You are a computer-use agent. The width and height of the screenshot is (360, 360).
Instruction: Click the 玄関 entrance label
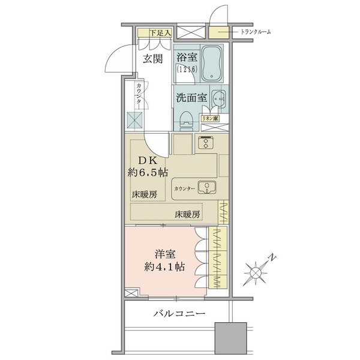click(152, 59)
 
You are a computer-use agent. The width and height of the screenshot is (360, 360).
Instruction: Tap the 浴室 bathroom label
click(187, 57)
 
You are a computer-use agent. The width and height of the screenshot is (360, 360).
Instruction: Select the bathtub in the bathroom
click(212, 64)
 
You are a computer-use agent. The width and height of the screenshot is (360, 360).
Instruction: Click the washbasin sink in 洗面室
click(218, 99)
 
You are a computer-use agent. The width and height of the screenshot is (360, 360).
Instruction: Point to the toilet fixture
click(187, 121)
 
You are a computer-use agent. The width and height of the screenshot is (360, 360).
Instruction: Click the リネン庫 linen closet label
click(210, 118)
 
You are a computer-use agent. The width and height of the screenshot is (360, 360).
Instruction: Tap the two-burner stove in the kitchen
click(206, 143)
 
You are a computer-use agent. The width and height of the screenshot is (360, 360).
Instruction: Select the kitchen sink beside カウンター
click(207, 187)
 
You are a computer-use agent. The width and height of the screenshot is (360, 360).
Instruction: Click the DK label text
click(148, 161)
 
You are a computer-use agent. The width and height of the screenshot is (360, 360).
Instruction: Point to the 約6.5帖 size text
click(148, 172)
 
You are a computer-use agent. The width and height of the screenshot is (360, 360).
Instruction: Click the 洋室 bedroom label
click(165, 254)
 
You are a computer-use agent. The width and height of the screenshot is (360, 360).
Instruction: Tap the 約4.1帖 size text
click(164, 267)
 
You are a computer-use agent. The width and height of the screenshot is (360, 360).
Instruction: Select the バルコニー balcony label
click(179, 314)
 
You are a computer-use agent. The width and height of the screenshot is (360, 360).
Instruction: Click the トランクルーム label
click(256, 32)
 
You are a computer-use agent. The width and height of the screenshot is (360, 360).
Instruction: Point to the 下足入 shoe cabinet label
click(160, 33)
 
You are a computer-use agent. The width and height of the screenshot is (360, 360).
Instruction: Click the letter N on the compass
click(272, 257)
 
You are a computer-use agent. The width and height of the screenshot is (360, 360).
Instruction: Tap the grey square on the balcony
click(231, 338)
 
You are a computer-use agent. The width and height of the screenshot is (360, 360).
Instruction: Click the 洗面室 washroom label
click(192, 98)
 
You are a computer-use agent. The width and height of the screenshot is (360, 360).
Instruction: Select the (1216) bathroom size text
click(187, 69)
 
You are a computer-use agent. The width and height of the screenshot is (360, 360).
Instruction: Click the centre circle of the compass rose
click(256, 273)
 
